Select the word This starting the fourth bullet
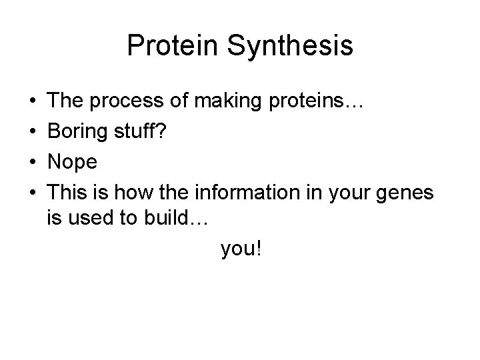click(x=69, y=193)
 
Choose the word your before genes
click(x=337, y=193)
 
